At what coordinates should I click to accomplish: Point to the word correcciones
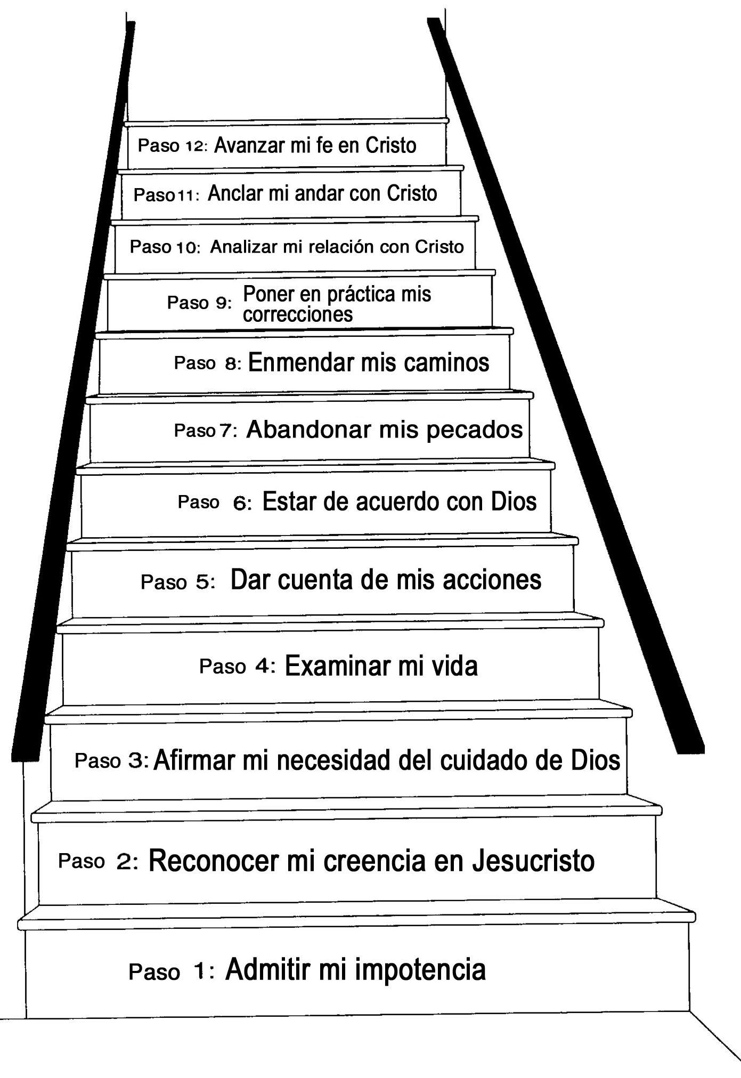pos(298,314)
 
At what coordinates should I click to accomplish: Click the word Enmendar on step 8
pos(301,363)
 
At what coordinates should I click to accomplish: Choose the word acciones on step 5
pos(492,580)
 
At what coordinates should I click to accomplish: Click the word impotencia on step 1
pos(420,969)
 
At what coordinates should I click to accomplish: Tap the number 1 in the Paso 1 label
pos(199,971)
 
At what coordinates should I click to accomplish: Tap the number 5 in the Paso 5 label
pos(202,582)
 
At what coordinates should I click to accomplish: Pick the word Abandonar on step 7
pos(308,429)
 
